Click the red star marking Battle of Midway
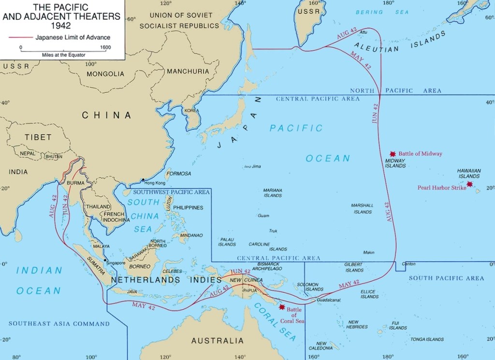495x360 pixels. (x=393, y=153)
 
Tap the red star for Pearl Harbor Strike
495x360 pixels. (x=469, y=184)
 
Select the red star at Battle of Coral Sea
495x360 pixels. (x=281, y=307)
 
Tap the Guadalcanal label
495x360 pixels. (x=329, y=300)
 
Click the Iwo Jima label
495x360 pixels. (x=253, y=167)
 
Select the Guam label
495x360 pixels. (x=264, y=216)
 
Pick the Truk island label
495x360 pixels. (x=273, y=231)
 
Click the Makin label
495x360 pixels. (x=369, y=253)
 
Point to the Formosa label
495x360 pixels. (x=178, y=173)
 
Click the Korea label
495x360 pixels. (x=191, y=111)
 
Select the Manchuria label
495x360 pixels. (x=188, y=72)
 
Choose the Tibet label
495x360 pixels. (x=38, y=137)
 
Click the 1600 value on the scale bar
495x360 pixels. (x=105, y=47)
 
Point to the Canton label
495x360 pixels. (x=408, y=263)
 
